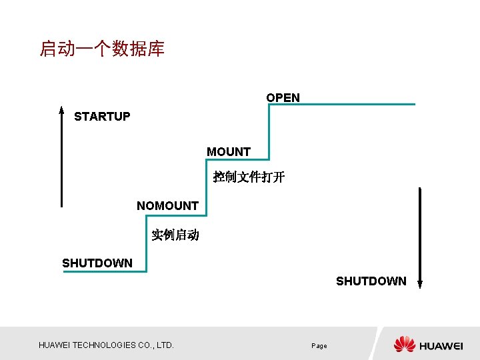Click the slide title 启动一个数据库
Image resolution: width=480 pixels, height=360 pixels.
coord(102,49)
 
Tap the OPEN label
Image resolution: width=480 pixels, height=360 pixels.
coord(283,98)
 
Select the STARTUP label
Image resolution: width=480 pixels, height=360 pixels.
coord(102,117)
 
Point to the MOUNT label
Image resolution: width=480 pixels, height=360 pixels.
coord(229,152)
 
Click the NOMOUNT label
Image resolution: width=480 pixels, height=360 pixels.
coord(167,206)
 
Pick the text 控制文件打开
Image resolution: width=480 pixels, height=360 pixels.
coord(249,177)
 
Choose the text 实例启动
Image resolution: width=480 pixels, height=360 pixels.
coord(175,235)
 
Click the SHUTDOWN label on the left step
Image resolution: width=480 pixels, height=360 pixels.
coord(97,263)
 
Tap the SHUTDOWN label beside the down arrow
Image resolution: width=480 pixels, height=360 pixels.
coord(371,281)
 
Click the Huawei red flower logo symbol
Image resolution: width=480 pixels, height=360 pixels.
coord(404,345)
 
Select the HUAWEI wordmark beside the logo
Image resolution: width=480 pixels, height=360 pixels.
coord(441,346)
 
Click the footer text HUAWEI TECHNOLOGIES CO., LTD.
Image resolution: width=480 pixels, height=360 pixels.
coord(106,345)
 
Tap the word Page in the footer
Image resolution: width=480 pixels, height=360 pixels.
coord(319,346)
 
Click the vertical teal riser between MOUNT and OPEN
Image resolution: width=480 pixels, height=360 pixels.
coord(269,132)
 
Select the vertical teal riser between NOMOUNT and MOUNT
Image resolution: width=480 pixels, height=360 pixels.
coord(207,187)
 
